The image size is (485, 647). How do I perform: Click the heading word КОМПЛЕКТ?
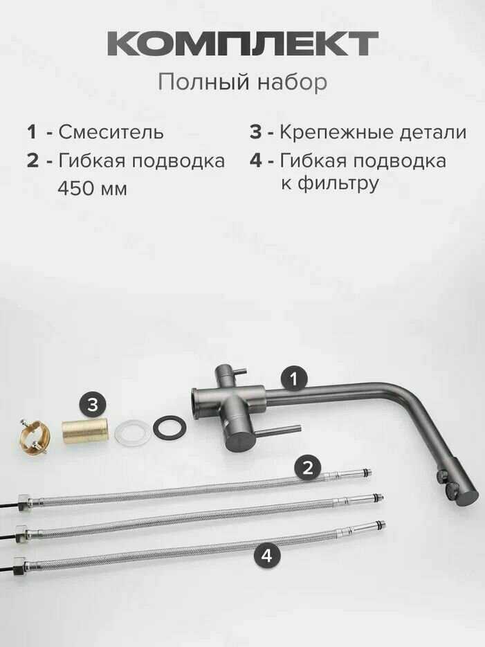point(242,44)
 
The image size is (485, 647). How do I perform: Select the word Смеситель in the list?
point(111,132)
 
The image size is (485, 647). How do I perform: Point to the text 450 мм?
point(93,189)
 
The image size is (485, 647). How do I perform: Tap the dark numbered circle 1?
point(293,379)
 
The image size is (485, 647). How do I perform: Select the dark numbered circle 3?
point(93,404)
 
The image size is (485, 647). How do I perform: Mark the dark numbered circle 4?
point(267,556)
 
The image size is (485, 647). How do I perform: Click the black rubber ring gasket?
point(170,428)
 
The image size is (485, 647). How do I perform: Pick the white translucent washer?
point(134,433)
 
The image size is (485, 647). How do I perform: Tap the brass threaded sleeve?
point(85,431)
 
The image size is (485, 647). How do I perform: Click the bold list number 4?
point(256,160)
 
